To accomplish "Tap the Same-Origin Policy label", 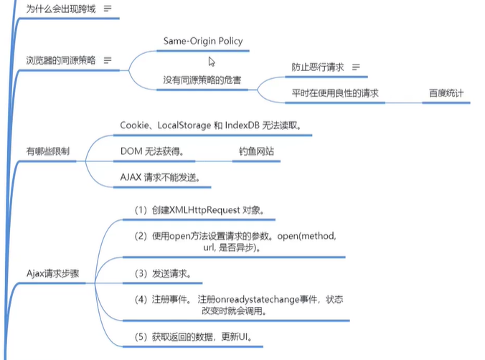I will [x=203, y=41].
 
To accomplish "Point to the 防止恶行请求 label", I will [x=318, y=67].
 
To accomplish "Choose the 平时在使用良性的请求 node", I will [x=335, y=93].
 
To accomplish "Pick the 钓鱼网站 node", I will [x=256, y=151].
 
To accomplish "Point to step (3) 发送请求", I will [x=167, y=273].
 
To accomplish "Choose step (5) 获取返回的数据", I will [x=193, y=336].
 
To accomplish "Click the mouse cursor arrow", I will [x=211, y=61].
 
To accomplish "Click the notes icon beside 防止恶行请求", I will [x=355, y=67].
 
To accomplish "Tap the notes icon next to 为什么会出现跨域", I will [x=108, y=9].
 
